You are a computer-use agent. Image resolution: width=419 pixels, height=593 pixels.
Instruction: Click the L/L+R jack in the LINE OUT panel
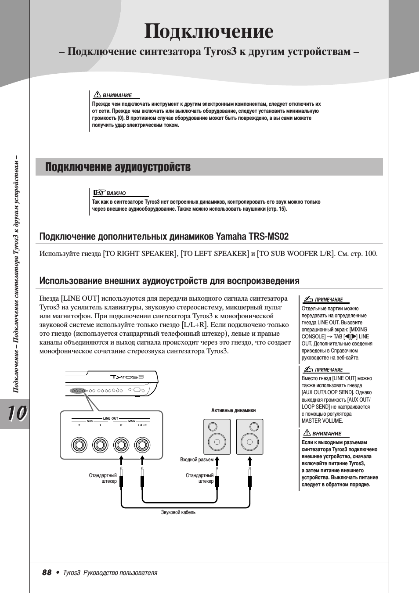141,445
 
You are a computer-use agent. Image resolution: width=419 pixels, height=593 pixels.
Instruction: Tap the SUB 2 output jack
79,445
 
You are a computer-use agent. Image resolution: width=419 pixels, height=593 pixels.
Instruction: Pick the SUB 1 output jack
100,445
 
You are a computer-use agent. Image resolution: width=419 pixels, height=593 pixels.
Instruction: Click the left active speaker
217,437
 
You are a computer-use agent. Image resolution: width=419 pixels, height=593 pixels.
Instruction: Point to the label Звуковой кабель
178,512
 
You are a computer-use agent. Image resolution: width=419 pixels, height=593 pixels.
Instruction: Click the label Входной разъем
197,460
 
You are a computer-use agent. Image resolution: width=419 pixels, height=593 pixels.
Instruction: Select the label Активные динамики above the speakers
233,410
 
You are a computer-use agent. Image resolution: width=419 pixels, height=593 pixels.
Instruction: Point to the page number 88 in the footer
47,572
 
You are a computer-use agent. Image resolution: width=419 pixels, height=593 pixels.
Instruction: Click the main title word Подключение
209,31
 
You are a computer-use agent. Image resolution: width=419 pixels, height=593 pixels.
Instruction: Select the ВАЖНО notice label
116,193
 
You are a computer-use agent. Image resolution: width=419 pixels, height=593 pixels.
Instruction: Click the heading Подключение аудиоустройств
118,167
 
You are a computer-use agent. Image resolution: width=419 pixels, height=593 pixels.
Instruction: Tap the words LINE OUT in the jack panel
111,418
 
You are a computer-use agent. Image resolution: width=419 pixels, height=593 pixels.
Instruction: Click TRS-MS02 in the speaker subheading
269,237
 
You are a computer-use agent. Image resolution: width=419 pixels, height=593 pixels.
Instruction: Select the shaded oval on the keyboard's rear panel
77,390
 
